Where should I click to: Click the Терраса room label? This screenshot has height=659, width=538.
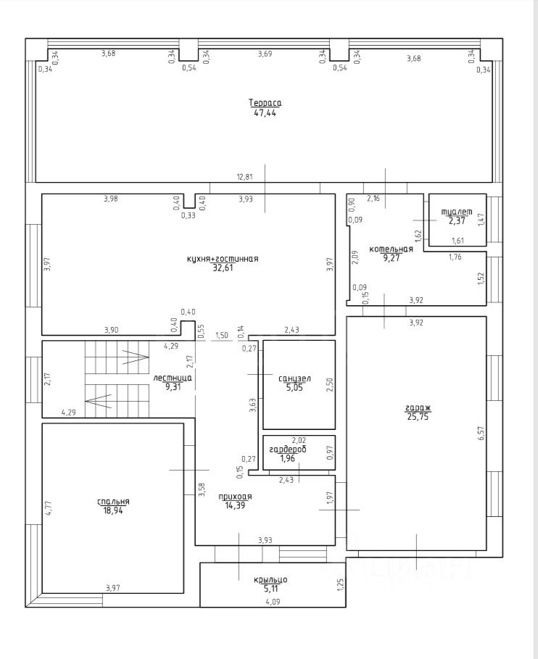pyautogui.click(x=265, y=103)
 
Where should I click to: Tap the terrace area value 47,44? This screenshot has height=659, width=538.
pyautogui.click(x=265, y=112)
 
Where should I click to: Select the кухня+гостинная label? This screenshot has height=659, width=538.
pyautogui.click(x=223, y=259)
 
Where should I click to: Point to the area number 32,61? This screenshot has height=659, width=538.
pyautogui.click(x=223, y=268)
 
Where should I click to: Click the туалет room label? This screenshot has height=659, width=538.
pyautogui.click(x=457, y=212)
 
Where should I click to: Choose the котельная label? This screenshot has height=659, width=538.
pyautogui.click(x=392, y=249)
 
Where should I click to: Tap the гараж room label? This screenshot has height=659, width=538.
pyautogui.click(x=418, y=407)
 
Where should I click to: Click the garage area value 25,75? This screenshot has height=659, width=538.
pyautogui.click(x=418, y=417)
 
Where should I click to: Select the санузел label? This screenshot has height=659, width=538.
pyautogui.click(x=294, y=378)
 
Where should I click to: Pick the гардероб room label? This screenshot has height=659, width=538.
pyautogui.click(x=288, y=449)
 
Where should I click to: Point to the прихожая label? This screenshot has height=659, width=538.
pyautogui.click(x=235, y=497)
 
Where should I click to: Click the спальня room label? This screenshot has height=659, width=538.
pyautogui.click(x=113, y=502)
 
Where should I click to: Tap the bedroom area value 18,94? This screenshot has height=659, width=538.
pyautogui.click(x=113, y=510)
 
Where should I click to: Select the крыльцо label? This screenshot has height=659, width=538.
pyautogui.click(x=270, y=580)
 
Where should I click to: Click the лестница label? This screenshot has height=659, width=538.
pyautogui.click(x=173, y=378)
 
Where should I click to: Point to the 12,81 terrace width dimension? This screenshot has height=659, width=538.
pyautogui.click(x=244, y=177)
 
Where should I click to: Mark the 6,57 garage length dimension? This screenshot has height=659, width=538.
pyautogui.click(x=481, y=433)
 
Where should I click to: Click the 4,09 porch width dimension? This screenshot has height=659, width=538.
pyautogui.click(x=273, y=602)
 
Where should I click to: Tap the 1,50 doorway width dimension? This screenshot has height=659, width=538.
pyautogui.click(x=221, y=336)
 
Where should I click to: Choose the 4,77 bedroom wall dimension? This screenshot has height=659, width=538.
pyautogui.click(x=49, y=508)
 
